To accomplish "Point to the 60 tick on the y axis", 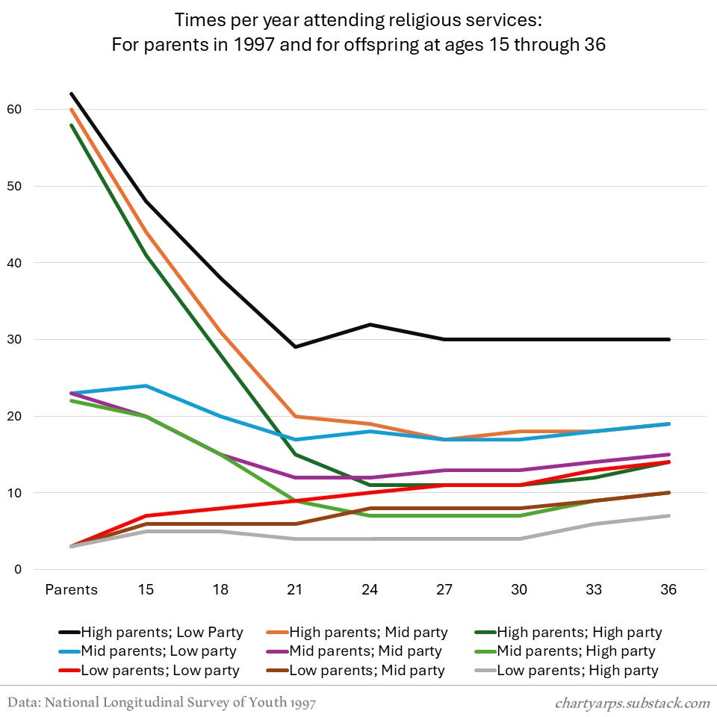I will (x=35, y=110).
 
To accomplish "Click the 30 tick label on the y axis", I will (x=35, y=340).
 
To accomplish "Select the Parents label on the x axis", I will (x=71, y=590).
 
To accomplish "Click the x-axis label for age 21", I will (x=295, y=590).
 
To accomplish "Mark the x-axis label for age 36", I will (x=668, y=590).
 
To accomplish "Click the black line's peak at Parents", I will (x=71, y=94).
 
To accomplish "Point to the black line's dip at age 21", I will (x=295, y=347).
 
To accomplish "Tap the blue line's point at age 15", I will (x=146, y=386).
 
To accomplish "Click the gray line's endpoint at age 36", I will (x=668, y=516).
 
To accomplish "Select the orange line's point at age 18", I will (x=220, y=332).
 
